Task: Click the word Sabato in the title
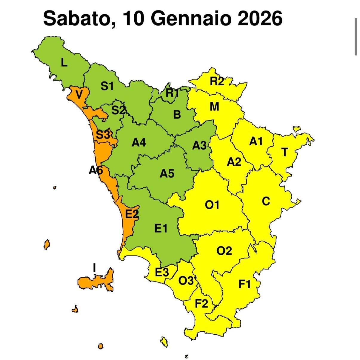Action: pos(78,19)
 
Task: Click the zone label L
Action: pos(64,63)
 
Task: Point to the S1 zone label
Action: pos(107,86)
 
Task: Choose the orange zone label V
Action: pos(79,95)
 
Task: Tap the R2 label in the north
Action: pos(217,81)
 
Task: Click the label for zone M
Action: pos(214,107)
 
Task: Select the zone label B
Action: pos(177,114)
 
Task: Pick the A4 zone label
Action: pos(139,143)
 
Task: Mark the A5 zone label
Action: pos(167,173)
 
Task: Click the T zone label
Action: pos(285,152)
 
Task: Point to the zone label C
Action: pos(266,201)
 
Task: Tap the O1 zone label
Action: pos(212,205)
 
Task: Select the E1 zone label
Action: pos(161,229)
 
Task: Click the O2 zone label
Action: pos(224,251)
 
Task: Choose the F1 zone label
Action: pos(244,284)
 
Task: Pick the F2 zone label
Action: pos(201,304)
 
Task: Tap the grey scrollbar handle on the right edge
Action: pos(356,36)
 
